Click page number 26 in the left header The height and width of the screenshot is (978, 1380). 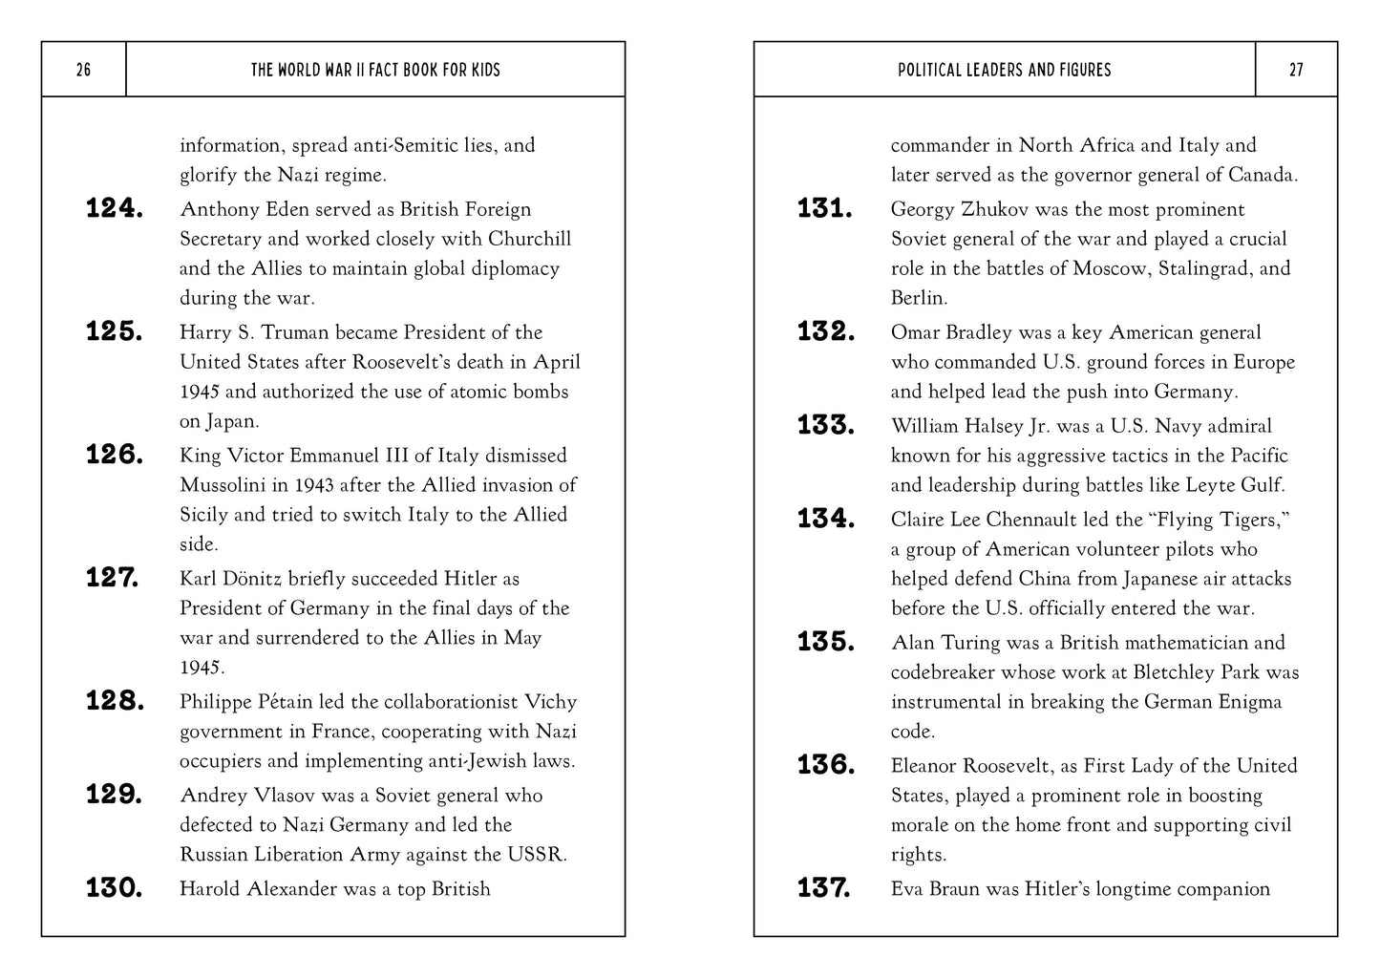(x=83, y=70)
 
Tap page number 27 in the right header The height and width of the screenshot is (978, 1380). (x=1296, y=70)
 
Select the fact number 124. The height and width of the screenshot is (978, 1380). (x=115, y=209)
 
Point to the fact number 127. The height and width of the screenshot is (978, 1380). (x=113, y=578)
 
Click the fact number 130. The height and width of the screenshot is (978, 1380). (x=115, y=888)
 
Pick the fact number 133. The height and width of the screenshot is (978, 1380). (x=826, y=425)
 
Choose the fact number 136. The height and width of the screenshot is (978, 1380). (x=826, y=765)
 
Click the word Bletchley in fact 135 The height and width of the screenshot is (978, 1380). (x=1174, y=672)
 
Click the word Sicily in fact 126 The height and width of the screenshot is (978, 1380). (x=203, y=515)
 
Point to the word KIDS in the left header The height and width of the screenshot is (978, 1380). (x=484, y=70)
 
